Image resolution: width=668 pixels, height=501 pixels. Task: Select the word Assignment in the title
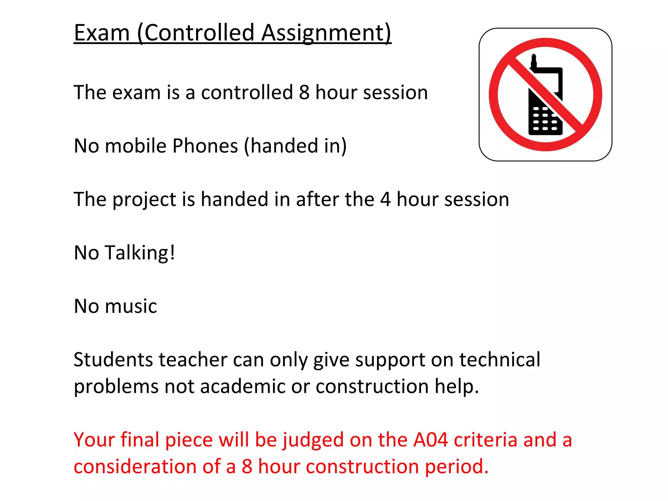click(x=326, y=33)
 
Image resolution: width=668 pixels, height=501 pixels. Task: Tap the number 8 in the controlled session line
click(x=304, y=92)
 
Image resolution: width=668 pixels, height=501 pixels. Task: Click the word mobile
click(x=136, y=145)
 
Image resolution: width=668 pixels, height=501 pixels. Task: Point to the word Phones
click(x=205, y=145)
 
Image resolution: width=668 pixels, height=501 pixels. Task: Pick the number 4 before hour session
click(x=385, y=199)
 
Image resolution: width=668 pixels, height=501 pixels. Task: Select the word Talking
click(x=140, y=253)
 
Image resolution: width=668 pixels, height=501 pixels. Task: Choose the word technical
click(x=500, y=360)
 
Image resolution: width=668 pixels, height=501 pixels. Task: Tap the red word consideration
click(x=135, y=466)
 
